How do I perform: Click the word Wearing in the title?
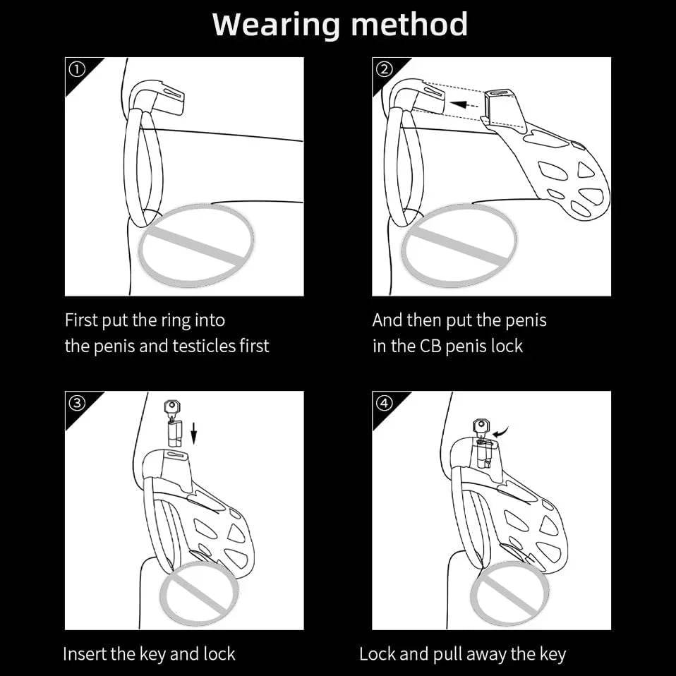click(276, 25)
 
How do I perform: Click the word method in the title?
click(409, 24)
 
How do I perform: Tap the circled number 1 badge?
click(77, 69)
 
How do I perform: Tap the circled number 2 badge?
click(384, 69)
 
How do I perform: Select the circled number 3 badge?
click(77, 403)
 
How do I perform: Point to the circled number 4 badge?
click(384, 403)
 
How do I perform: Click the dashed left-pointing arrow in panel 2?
click(463, 104)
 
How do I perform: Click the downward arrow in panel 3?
click(193, 433)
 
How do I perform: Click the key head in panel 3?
click(172, 406)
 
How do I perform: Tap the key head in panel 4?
click(482, 426)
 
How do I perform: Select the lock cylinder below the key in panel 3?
click(174, 434)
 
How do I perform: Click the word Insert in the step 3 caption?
click(85, 654)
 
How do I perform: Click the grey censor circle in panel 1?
click(196, 246)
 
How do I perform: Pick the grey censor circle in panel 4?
click(509, 594)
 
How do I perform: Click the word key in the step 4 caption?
click(552, 655)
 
